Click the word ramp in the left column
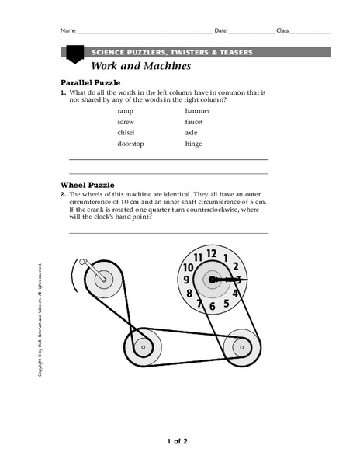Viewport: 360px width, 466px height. pyautogui.click(x=125, y=111)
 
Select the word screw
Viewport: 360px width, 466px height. pyautogui.click(x=126, y=122)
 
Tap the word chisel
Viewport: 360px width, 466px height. pyautogui.click(x=126, y=133)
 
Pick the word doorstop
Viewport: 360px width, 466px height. pyautogui.click(x=130, y=144)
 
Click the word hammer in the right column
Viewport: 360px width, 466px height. pyautogui.click(x=198, y=111)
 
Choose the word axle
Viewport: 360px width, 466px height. pyautogui.click(x=192, y=133)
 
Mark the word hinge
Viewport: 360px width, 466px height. pyautogui.click(x=193, y=144)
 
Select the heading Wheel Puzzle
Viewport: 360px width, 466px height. pyautogui.click(x=88, y=185)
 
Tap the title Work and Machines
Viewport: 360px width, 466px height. pyautogui.click(x=141, y=66)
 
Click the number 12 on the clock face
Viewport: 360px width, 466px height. pyautogui.click(x=211, y=252)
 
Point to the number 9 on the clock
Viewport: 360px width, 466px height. pyautogui.click(x=187, y=279)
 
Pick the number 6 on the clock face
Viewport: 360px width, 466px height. pyautogui.click(x=212, y=306)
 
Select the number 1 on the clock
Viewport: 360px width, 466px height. pyautogui.click(x=225, y=257)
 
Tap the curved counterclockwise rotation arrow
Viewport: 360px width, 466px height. pyautogui.click(x=73, y=276)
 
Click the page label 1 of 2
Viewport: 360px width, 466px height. pyautogui.click(x=177, y=442)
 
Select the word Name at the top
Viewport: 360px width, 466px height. pyautogui.click(x=68, y=30)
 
